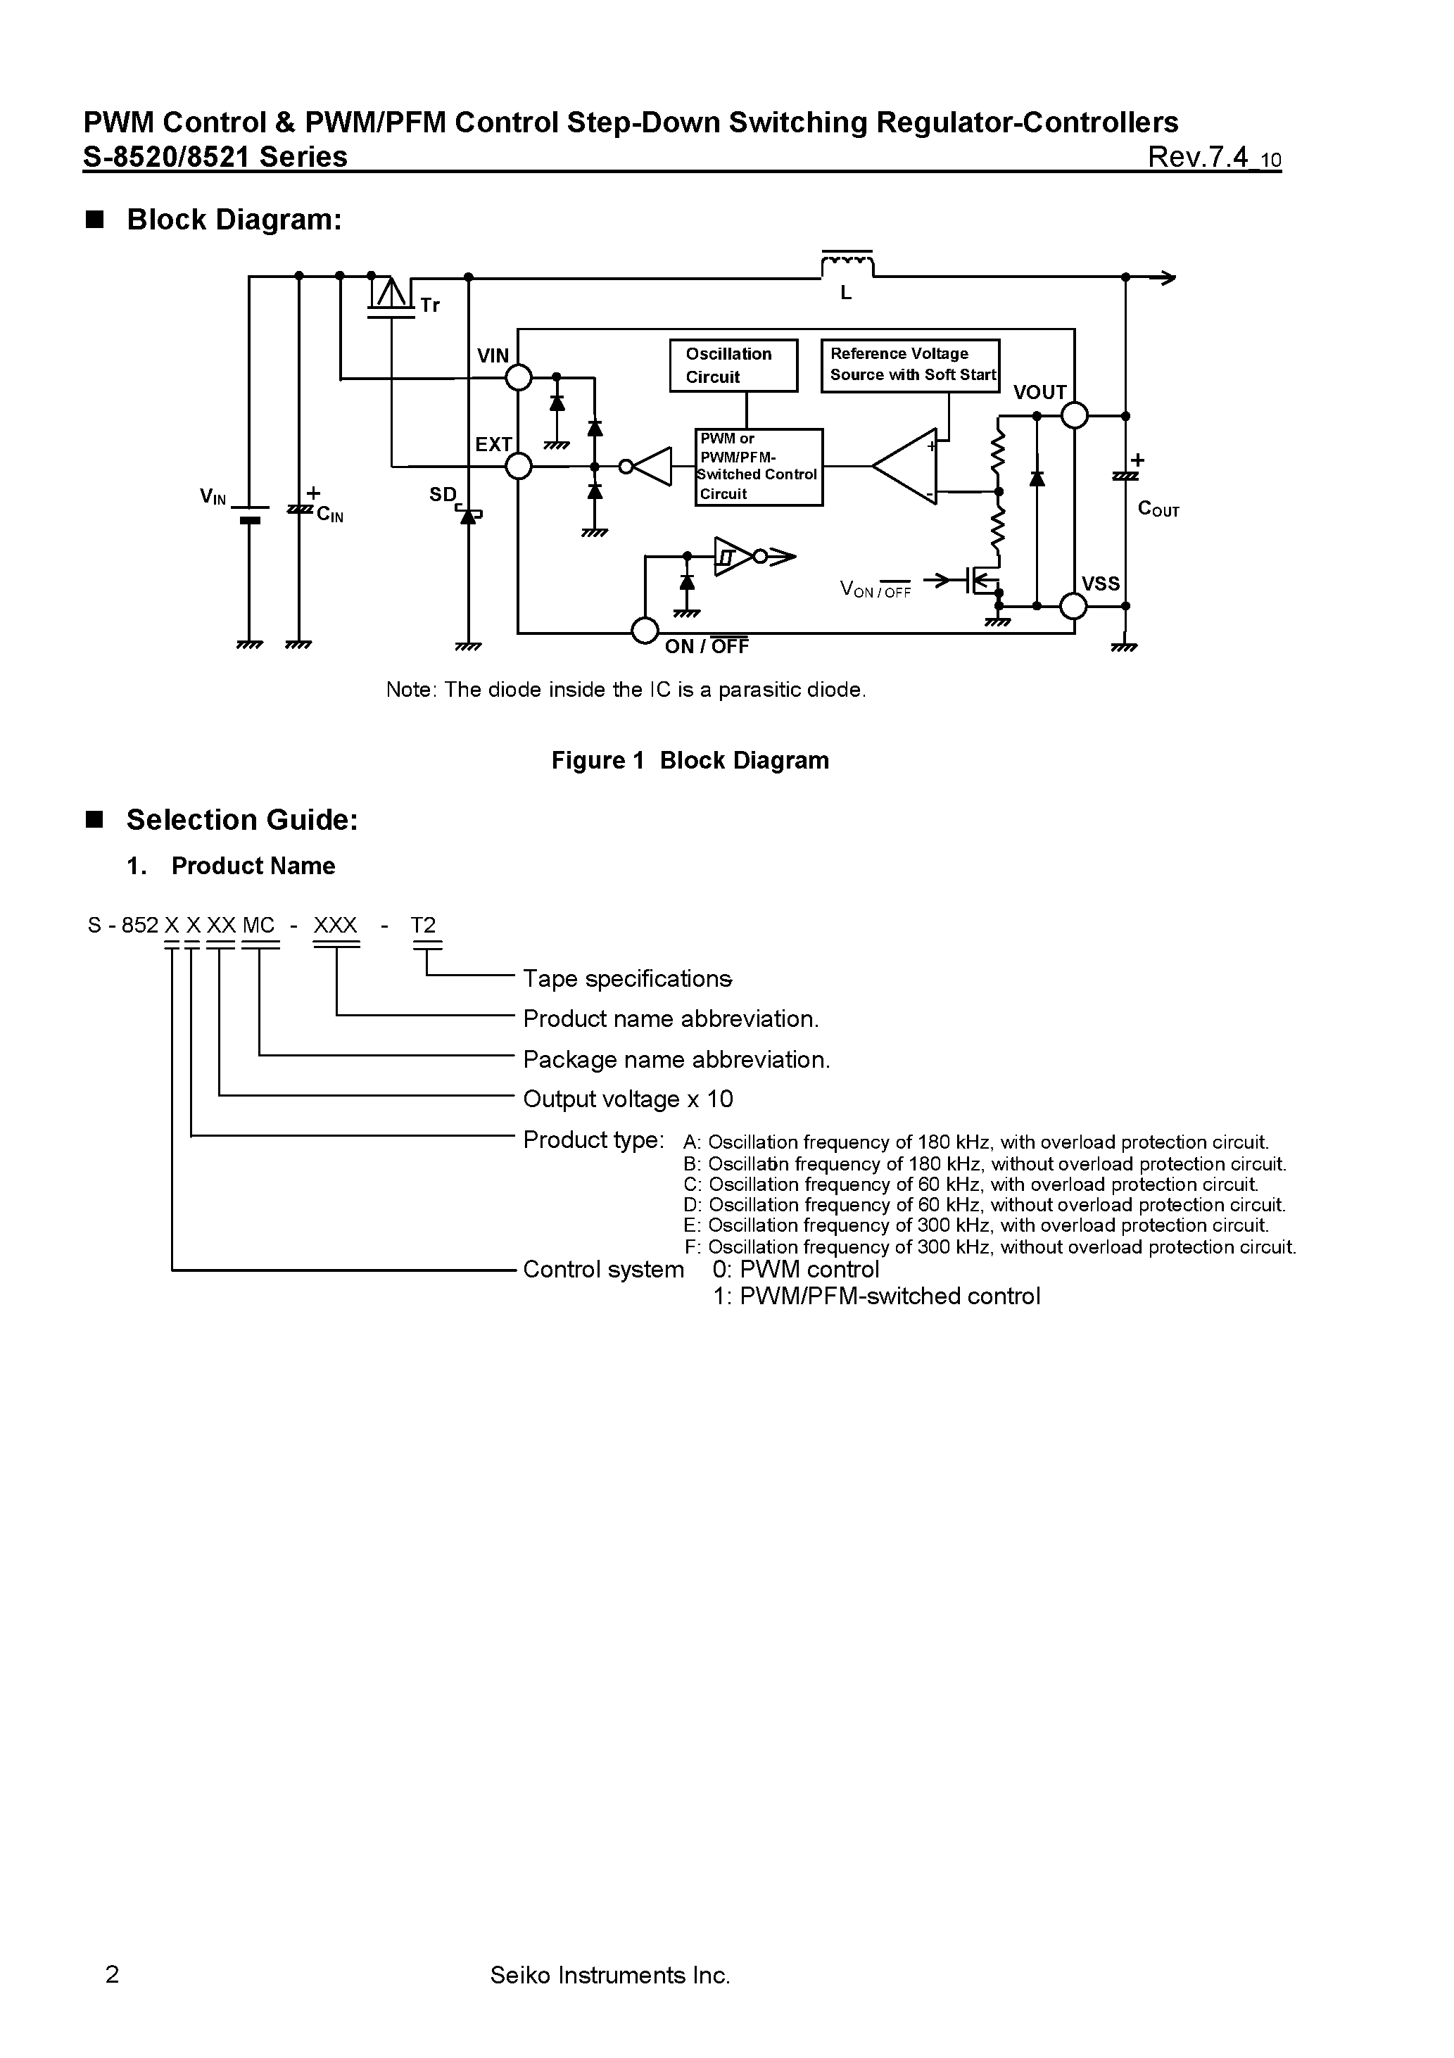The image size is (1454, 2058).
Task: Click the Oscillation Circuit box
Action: click(733, 365)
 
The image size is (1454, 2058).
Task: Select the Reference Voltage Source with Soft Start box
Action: click(910, 365)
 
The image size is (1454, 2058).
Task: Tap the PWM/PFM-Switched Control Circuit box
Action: click(759, 467)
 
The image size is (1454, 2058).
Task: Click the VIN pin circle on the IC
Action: click(518, 377)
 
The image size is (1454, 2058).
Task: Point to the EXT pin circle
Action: click(518, 466)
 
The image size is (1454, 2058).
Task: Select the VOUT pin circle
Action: click(1074, 416)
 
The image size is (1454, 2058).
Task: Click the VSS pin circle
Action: click(1073, 606)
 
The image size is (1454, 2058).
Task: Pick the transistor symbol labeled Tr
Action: click(390, 296)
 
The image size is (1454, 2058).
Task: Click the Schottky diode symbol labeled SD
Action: click(467, 515)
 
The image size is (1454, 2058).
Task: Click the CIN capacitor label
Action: click(329, 515)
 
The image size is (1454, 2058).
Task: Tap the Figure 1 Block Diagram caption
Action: click(690, 760)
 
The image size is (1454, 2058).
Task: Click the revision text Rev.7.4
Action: click(1198, 158)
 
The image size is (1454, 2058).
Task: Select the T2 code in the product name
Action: click(423, 925)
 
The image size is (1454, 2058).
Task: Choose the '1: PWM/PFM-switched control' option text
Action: click(877, 1296)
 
